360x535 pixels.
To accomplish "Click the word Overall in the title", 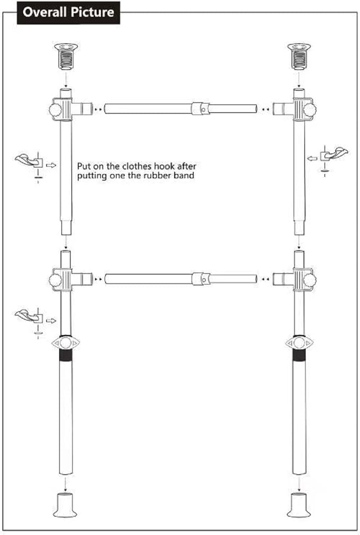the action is click(x=45, y=12).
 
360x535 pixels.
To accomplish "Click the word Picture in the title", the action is click(x=92, y=12).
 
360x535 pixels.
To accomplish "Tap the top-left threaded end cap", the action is click(x=66, y=56).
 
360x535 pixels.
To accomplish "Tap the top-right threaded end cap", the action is click(x=299, y=56).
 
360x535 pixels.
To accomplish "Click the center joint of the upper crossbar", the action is click(x=200, y=109).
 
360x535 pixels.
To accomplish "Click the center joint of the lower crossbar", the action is click(x=200, y=279).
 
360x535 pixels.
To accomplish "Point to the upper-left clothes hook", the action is click(x=29, y=160).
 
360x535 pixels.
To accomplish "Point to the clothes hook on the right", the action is click(x=334, y=154).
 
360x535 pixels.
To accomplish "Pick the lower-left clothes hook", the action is click(x=29, y=316).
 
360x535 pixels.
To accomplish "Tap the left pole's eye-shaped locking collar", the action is click(x=65, y=343).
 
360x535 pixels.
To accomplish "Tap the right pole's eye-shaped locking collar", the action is click(x=299, y=343).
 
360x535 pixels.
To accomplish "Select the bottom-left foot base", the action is click(x=65, y=505).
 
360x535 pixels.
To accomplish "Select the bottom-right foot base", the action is click(x=299, y=505).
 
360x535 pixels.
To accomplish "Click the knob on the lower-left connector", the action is click(x=55, y=280).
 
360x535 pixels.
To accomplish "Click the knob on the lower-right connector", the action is click(x=310, y=280).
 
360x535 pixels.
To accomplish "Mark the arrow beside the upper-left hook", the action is click(x=51, y=165).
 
